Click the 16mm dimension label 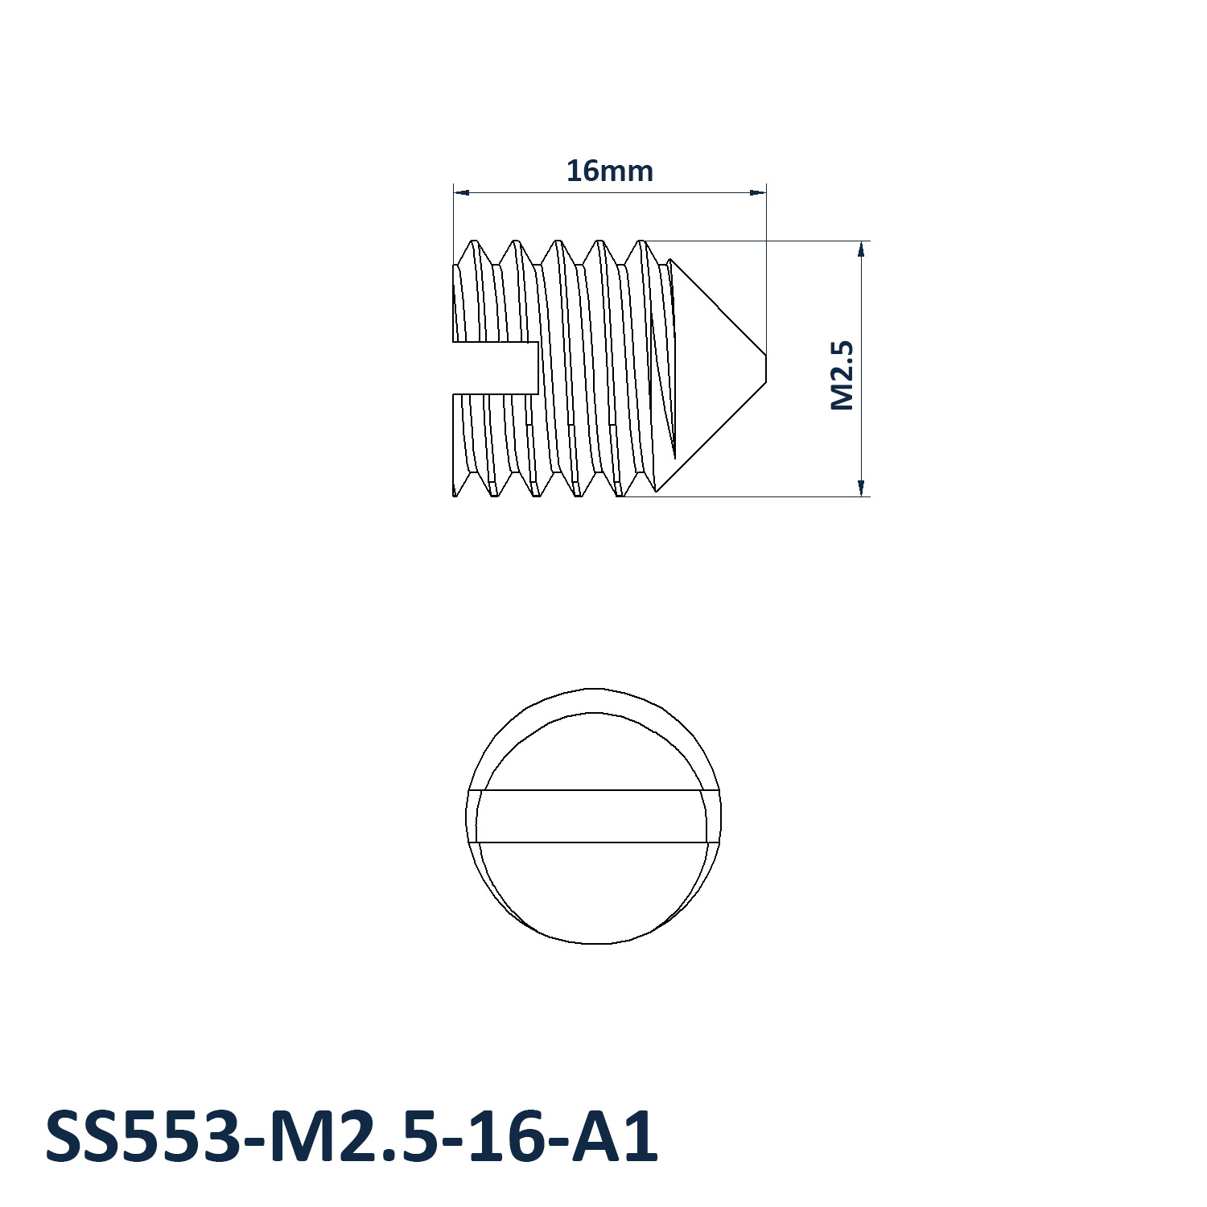tap(609, 171)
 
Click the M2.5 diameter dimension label tap(842, 375)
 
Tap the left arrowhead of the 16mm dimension tap(462, 192)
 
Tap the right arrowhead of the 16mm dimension tap(757, 192)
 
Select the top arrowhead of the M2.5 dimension tap(862, 249)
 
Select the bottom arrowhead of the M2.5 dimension tap(862, 488)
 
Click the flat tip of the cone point tap(765, 368)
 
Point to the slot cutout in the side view tap(496, 368)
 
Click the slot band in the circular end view tap(594, 816)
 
